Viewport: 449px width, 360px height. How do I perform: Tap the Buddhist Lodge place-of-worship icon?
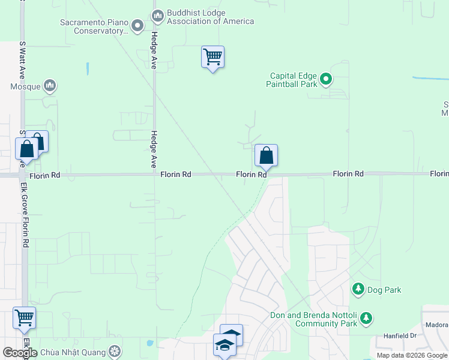158,14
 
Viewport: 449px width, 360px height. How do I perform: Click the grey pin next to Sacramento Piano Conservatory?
137,25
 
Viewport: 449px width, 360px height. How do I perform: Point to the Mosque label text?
25,86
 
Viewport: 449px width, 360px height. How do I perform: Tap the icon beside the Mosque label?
50,86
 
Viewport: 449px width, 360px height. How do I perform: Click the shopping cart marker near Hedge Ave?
212,58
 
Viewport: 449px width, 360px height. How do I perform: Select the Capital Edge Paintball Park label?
292,80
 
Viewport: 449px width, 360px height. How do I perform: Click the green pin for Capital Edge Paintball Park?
326,79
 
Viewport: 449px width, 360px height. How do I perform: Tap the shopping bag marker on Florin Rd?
266,156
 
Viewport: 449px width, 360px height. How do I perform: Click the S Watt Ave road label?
22,60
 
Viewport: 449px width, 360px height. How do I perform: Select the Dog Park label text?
384,290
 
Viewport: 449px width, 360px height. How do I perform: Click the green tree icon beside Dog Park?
358,290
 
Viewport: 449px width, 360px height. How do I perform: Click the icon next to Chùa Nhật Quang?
114,351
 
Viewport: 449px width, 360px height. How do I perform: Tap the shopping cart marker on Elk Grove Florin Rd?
24,318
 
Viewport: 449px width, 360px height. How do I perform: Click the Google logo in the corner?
20,353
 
